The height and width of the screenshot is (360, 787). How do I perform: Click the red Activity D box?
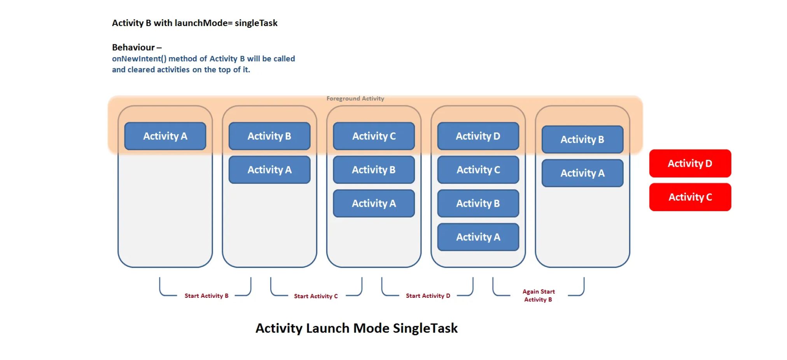pyautogui.click(x=690, y=163)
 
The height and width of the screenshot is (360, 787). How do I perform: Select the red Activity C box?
pyautogui.click(x=690, y=197)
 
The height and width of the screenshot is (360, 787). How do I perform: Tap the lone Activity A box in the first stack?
pyautogui.click(x=165, y=136)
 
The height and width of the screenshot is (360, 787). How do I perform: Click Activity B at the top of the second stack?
pyautogui.click(x=269, y=136)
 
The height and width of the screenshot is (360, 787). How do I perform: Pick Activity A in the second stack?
pyautogui.click(x=269, y=170)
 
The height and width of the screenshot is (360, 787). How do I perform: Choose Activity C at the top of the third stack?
pyautogui.click(x=374, y=136)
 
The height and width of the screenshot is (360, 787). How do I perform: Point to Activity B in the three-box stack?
pyautogui.click(x=374, y=170)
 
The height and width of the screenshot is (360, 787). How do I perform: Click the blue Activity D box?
pyautogui.click(x=478, y=136)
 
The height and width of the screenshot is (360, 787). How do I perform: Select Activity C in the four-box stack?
pyautogui.click(x=478, y=170)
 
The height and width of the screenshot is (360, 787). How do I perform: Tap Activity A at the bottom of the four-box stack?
pyautogui.click(x=478, y=237)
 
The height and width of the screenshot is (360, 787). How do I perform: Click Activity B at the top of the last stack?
pyautogui.click(x=582, y=139)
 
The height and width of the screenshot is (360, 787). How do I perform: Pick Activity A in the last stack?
pyautogui.click(x=582, y=173)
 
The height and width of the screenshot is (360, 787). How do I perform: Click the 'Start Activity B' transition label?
pyautogui.click(x=206, y=296)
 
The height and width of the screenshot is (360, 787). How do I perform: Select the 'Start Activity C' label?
pyautogui.click(x=316, y=296)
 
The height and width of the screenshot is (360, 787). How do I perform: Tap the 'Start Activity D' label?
pyautogui.click(x=428, y=296)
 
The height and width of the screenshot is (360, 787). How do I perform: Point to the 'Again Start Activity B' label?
pyautogui.click(x=539, y=295)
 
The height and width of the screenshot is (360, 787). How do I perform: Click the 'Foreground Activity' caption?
pyautogui.click(x=355, y=99)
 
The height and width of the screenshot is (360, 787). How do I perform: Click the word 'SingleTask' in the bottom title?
pyautogui.click(x=425, y=328)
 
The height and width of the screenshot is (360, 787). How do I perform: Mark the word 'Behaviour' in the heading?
pyautogui.click(x=133, y=47)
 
